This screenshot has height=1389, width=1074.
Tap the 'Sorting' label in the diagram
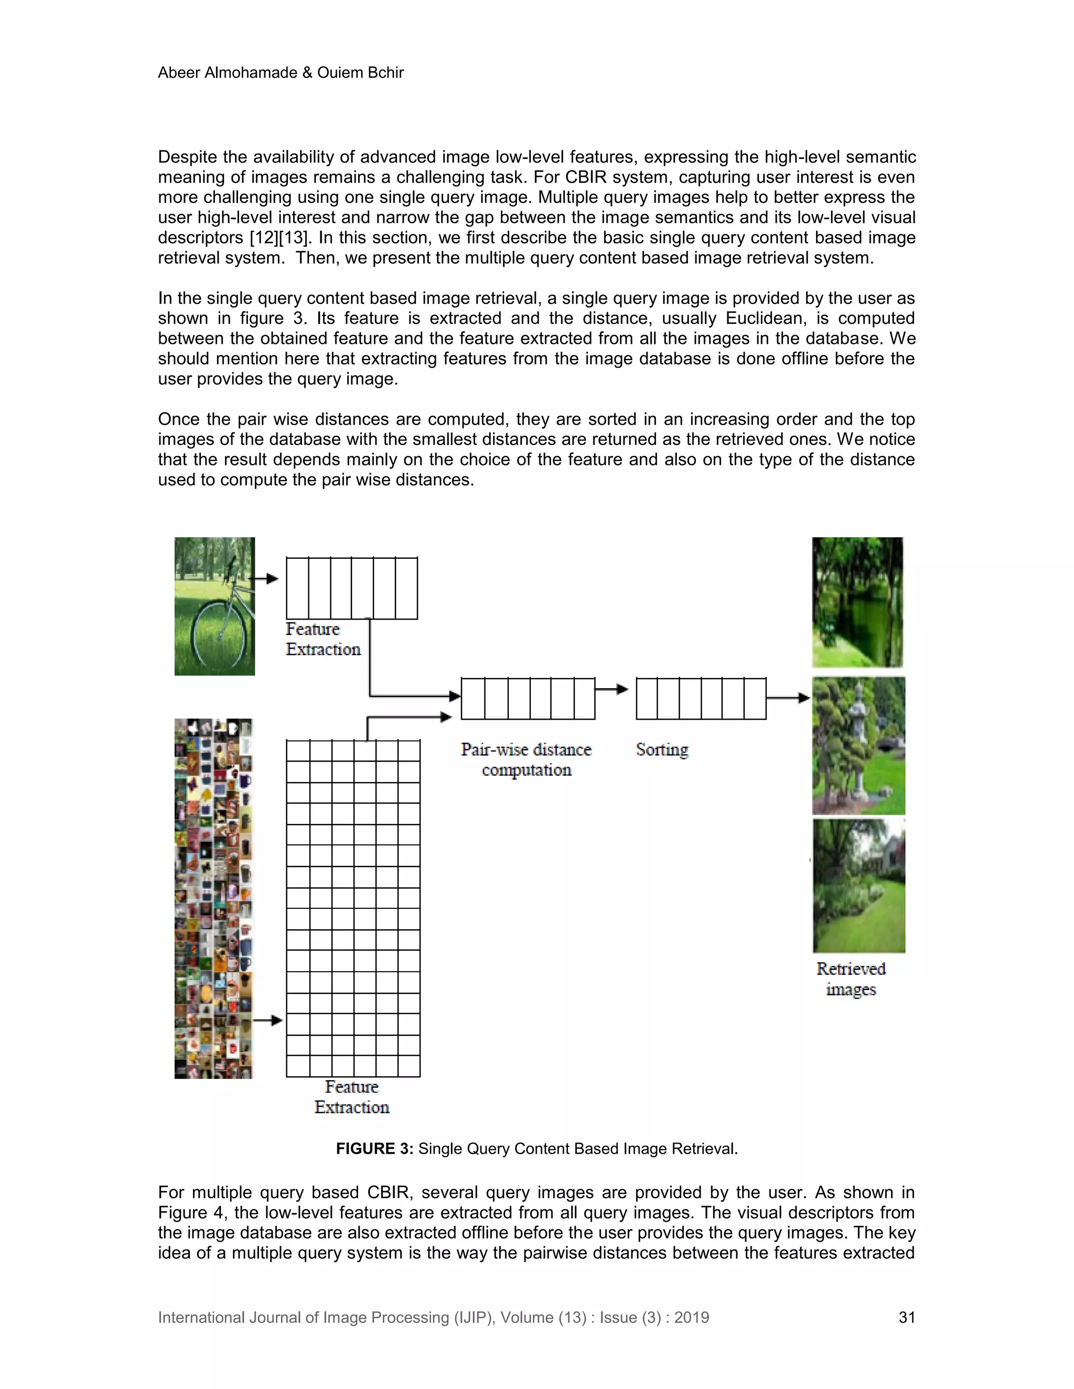pos(662,750)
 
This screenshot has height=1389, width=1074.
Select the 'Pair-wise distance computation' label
pos(526,760)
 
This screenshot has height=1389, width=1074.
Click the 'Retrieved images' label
pos(851,979)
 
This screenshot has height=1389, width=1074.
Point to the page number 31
pos(907,1317)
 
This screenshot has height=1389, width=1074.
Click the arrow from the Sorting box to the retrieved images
pos(788,698)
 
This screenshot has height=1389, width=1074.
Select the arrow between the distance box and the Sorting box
pos(612,689)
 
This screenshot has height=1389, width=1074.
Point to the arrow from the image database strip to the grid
pos(267,1020)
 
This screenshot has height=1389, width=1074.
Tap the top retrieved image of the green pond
pos(857,602)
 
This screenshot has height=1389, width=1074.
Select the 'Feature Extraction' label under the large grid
pos(352,1097)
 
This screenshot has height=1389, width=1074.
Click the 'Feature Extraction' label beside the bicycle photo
pos(323,639)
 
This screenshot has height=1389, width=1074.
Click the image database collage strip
pos(213,898)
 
